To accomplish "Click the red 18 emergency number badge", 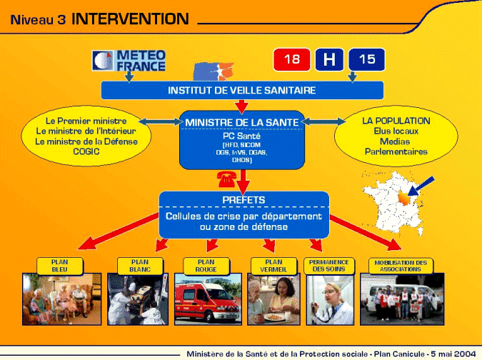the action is click(291, 59).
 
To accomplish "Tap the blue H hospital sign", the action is click(329, 59).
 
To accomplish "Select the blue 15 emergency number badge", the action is click(367, 59).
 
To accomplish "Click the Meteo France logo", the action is click(129, 61).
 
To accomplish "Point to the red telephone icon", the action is click(226, 179).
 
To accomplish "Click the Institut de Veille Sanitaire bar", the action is click(242, 91).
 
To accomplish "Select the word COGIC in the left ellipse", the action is click(86, 151).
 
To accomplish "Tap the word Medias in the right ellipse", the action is click(395, 141).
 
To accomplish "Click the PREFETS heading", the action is click(243, 200).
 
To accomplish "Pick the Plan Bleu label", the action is click(60, 266).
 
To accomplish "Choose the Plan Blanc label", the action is click(140, 266).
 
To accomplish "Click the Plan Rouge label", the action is click(206, 266).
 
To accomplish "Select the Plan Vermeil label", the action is click(273, 266).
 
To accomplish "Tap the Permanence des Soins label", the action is click(329, 266).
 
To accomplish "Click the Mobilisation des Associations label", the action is click(401, 266).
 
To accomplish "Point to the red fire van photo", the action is click(208, 299).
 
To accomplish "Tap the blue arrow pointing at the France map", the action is click(421, 186).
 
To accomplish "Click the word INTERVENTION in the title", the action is click(130, 19).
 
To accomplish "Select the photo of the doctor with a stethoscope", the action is click(330, 300).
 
